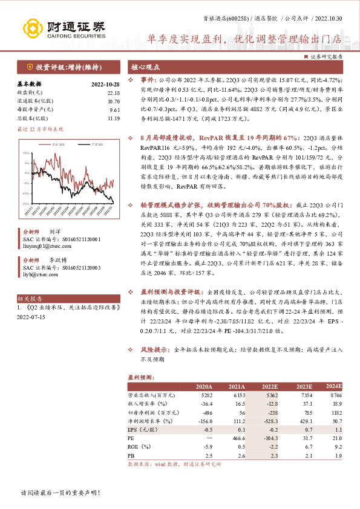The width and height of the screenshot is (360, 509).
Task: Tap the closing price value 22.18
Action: tap(113, 92)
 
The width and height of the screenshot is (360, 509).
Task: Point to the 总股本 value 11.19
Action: tap(113, 118)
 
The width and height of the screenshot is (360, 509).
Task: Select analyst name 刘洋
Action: tap(54, 232)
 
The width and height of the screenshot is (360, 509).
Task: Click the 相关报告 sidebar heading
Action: tap(30, 299)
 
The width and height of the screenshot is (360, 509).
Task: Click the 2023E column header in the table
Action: tap(304, 386)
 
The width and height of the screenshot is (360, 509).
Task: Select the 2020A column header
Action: tap(204, 386)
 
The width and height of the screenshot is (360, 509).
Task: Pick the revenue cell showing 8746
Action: tap(333, 395)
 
